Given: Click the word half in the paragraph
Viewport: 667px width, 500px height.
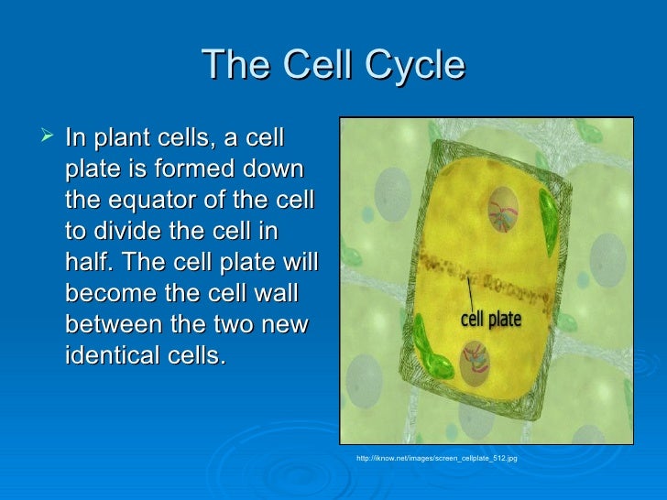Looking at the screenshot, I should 90,263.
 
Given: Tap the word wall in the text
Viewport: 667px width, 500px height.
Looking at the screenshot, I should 283,293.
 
